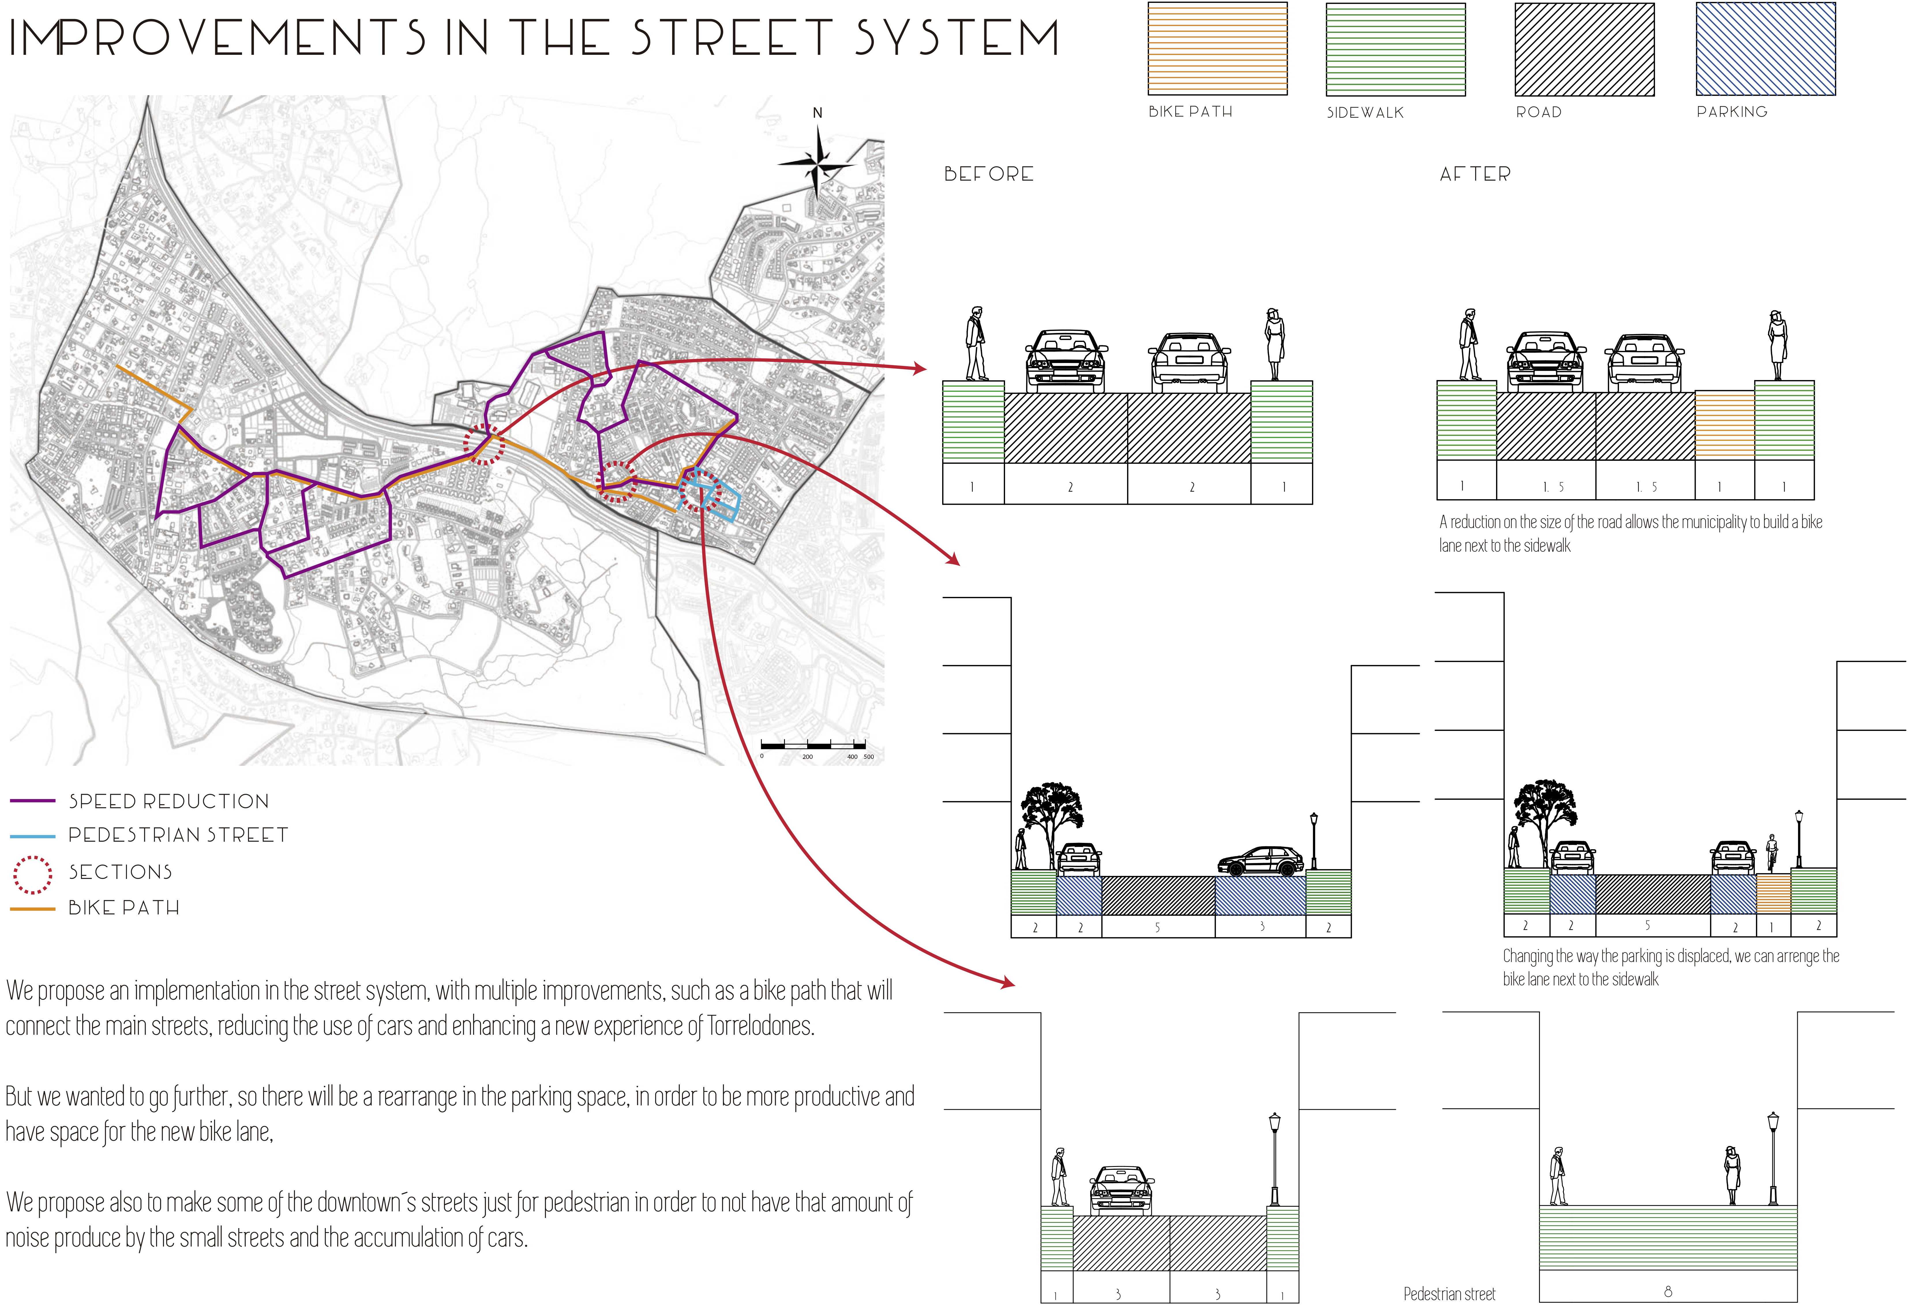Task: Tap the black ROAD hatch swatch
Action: tap(1584, 49)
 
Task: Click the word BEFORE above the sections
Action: tap(989, 174)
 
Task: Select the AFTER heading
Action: tap(1474, 174)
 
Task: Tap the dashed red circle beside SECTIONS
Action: tap(33, 875)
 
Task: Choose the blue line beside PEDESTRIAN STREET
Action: tap(33, 836)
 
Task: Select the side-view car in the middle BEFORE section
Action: tap(1260, 862)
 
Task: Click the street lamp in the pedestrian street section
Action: tap(1772, 1158)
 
